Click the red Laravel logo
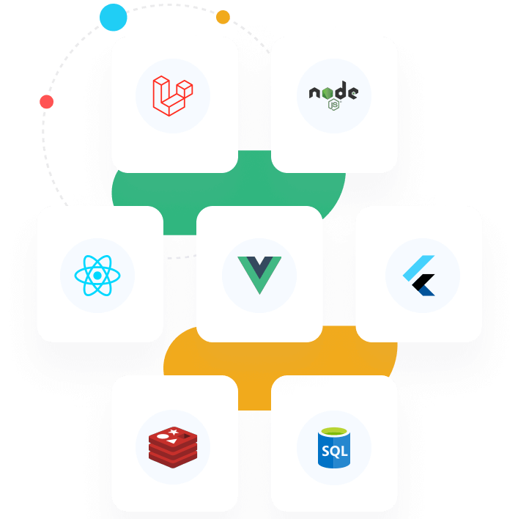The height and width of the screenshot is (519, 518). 173,96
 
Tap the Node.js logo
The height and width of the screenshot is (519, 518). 333,96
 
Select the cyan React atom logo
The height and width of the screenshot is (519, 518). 97,276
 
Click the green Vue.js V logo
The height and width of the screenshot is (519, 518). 259,275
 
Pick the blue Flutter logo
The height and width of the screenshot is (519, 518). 420,276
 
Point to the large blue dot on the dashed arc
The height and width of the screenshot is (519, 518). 114,18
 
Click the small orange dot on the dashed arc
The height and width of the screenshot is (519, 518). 223,17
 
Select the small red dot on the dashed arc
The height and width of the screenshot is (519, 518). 47,102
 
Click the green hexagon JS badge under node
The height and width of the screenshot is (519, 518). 334,105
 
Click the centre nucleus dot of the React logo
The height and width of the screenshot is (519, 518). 97,276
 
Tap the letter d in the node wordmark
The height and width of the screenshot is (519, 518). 341,92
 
